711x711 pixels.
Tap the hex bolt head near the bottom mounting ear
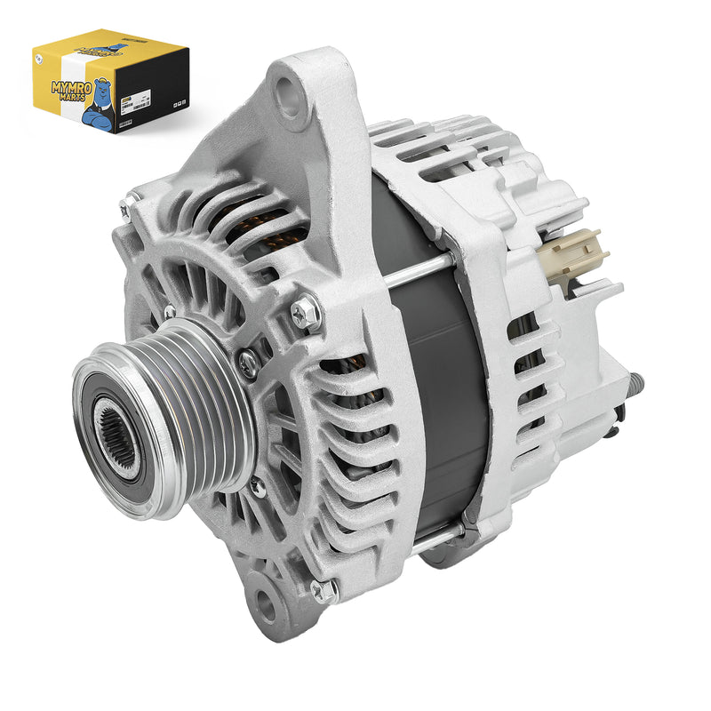pos(324,590)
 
